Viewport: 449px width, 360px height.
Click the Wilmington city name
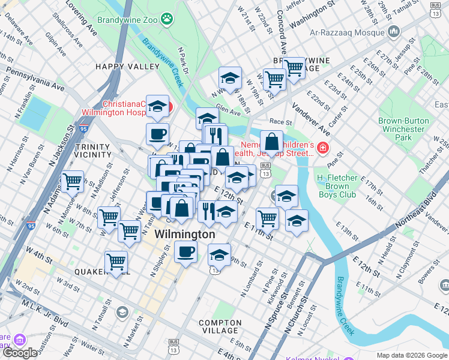point(184,235)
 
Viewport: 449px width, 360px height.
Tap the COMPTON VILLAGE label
point(220,326)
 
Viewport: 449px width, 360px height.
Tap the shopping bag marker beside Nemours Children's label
point(271,143)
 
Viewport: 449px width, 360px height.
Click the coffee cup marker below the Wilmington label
point(186,251)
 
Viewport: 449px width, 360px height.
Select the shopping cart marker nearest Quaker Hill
point(116,262)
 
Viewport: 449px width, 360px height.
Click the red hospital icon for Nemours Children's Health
point(324,148)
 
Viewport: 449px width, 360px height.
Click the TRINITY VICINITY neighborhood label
point(93,151)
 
